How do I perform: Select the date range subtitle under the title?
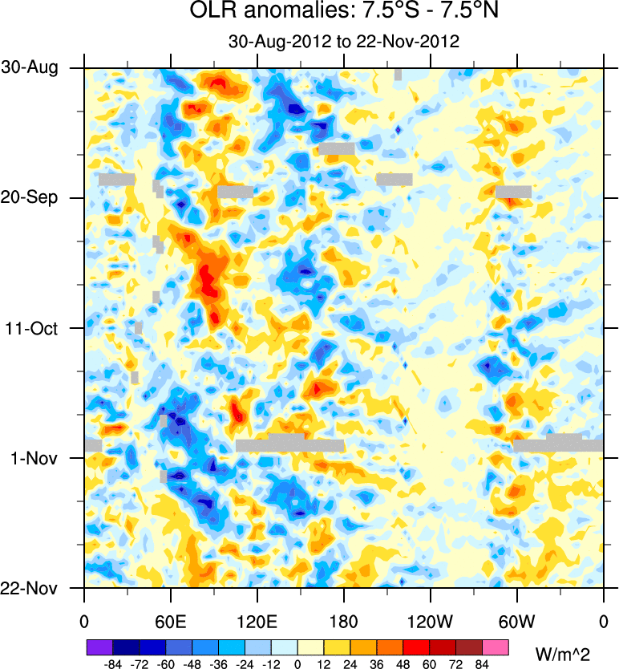click(x=343, y=42)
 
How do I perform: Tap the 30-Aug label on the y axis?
click(x=30, y=68)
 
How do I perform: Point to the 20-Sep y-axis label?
click(x=30, y=198)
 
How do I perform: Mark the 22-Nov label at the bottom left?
click(x=30, y=588)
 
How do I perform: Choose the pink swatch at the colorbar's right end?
click(x=496, y=647)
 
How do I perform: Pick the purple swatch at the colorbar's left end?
click(x=99, y=647)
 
